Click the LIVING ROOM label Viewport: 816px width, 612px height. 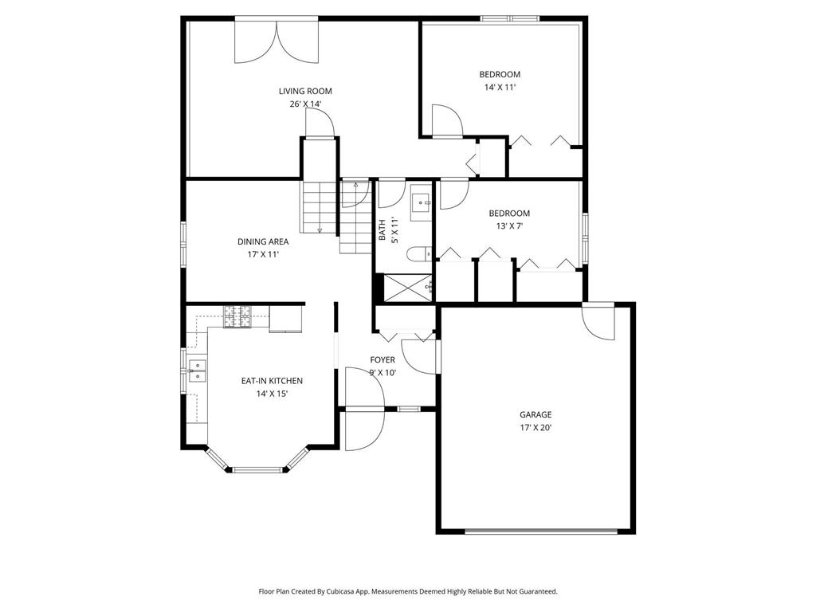(305, 91)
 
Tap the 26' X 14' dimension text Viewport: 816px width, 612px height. (305, 104)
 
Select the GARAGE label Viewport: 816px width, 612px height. (535, 414)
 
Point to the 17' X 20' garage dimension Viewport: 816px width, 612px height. (535, 428)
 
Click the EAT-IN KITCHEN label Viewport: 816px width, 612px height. (272, 381)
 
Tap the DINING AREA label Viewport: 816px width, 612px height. (263, 241)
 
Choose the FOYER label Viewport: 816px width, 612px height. (382, 359)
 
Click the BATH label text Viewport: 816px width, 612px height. (382, 230)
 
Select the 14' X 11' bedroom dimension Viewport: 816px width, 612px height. (500, 88)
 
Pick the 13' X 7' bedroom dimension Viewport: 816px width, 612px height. (509, 226)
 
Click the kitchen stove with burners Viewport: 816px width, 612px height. (237, 316)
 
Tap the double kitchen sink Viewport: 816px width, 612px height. (198, 371)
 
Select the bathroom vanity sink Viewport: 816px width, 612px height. (421, 202)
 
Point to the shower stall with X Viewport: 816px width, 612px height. (408, 287)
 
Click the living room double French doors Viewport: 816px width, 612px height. (277, 41)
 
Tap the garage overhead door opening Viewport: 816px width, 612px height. (541, 532)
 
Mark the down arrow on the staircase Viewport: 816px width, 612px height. (320, 229)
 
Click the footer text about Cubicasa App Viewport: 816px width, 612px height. (408, 591)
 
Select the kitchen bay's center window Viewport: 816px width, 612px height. (258, 470)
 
